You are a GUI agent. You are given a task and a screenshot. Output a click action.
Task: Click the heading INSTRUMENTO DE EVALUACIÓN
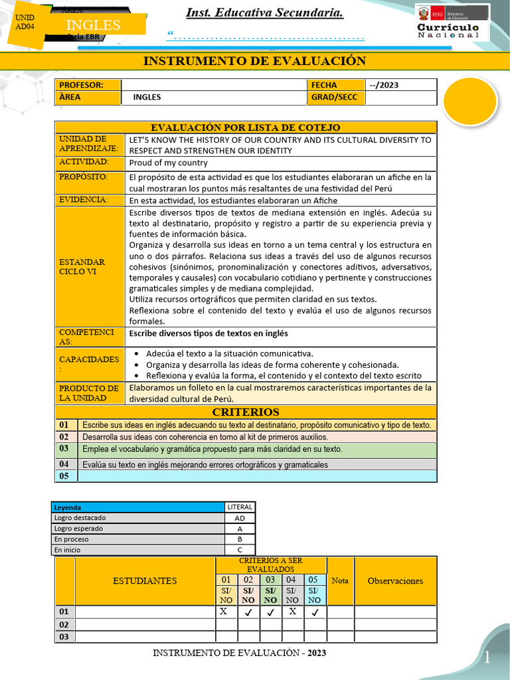(x=254, y=61)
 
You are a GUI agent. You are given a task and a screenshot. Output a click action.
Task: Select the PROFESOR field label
(x=82, y=85)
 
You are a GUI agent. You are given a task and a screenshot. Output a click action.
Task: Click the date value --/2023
(x=384, y=85)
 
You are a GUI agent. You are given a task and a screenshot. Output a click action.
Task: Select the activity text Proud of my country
(x=169, y=163)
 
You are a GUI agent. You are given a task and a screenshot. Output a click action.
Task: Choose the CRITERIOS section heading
(x=246, y=412)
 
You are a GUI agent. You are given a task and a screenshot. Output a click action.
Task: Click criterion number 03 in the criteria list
(x=64, y=449)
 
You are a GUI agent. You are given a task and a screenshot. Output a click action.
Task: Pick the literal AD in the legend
(x=240, y=518)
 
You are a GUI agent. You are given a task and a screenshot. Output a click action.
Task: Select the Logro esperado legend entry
(x=80, y=529)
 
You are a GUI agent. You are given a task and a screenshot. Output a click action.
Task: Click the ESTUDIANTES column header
(x=145, y=580)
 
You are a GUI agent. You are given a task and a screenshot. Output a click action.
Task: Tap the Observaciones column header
(x=395, y=580)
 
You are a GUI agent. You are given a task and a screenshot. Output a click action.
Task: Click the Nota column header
(x=340, y=580)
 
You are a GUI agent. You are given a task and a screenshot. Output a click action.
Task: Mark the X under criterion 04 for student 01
(x=292, y=612)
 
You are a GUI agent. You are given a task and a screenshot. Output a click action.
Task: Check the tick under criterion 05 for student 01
(x=315, y=612)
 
